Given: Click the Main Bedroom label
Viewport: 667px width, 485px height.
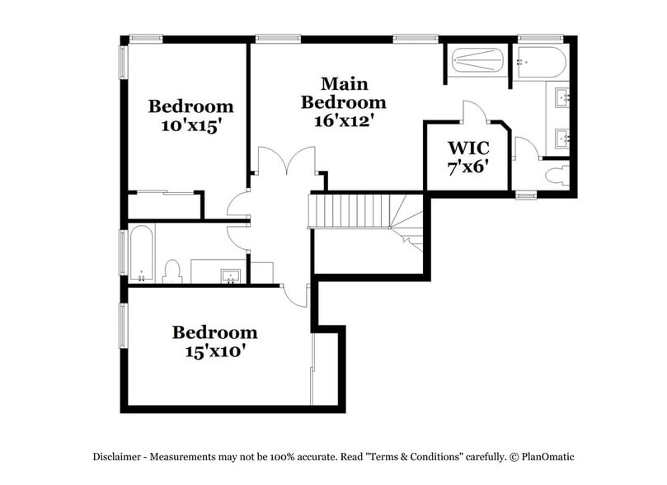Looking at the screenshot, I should [x=343, y=93].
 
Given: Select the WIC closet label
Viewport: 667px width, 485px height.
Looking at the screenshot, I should [x=468, y=148].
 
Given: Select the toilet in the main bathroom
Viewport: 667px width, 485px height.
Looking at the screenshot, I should [x=558, y=174].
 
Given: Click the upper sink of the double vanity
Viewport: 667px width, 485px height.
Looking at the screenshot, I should [x=565, y=97].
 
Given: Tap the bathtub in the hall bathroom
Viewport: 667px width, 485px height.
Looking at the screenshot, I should [x=142, y=253].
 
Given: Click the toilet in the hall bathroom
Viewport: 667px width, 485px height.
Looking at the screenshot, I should [x=172, y=270].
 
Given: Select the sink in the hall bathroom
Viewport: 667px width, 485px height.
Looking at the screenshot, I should [x=230, y=273].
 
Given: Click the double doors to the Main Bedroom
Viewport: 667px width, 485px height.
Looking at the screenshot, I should [x=286, y=160].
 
